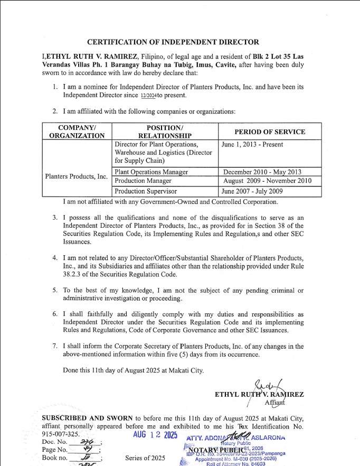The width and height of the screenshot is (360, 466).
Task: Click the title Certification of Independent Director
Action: (173, 42)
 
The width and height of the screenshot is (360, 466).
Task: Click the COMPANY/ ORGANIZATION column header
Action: (77, 132)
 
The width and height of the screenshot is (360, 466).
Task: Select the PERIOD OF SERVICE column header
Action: (270, 132)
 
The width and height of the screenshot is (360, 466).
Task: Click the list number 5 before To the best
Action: (55, 291)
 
